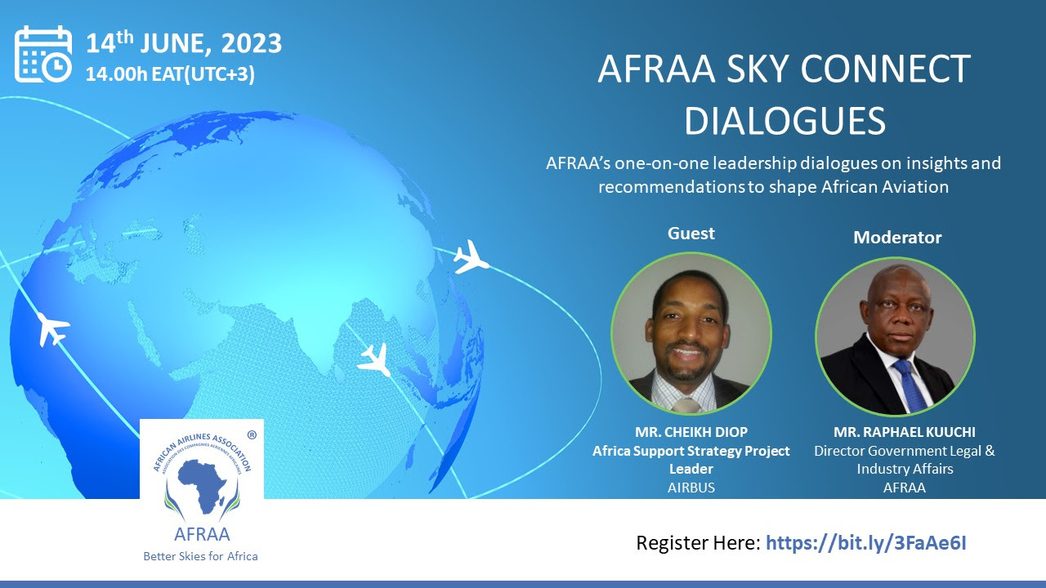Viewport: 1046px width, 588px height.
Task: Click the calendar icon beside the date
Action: click(x=43, y=55)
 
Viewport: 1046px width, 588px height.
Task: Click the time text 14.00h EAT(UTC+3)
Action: click(x=170, y=74)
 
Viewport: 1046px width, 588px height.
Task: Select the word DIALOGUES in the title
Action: click(x=784, y=121)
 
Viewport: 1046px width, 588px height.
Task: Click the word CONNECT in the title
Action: click(x=885, y=69)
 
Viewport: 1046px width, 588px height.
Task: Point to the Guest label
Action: click(x=691, y=233)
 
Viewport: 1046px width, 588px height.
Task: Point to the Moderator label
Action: click(x=897, y=238)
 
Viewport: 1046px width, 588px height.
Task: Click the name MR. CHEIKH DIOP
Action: click(x=691, y=432)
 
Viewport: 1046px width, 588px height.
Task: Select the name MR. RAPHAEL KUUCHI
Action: click(x=905, y=432)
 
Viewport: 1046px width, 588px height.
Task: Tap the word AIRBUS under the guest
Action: click(x=691, y=488)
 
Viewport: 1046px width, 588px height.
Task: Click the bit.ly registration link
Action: click(x=866, y=543)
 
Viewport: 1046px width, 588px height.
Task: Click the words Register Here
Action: click(x=699, y=543)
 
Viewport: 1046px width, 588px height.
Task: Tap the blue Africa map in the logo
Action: click(x=202, y=486)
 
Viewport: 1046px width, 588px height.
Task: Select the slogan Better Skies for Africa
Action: click(x=200, y=556)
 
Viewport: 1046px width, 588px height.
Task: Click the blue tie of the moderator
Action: click(x=910, y=385)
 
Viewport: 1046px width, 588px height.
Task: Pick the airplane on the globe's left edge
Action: click(x=53, y=328)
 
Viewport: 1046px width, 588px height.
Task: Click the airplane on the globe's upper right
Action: click(x=471, y=256)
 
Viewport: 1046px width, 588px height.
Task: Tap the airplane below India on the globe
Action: click(x=375, y=360)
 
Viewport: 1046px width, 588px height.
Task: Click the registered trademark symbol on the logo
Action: click(x=251, y=435)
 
